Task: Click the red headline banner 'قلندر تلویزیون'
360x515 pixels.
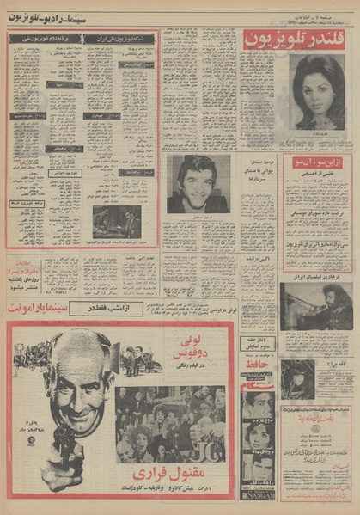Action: pos(296,38)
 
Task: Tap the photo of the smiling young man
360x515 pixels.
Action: pos(199,182)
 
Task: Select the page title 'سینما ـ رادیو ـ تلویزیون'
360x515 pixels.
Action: pos(56,17)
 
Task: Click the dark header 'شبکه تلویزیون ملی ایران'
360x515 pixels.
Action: pos(125,39)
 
